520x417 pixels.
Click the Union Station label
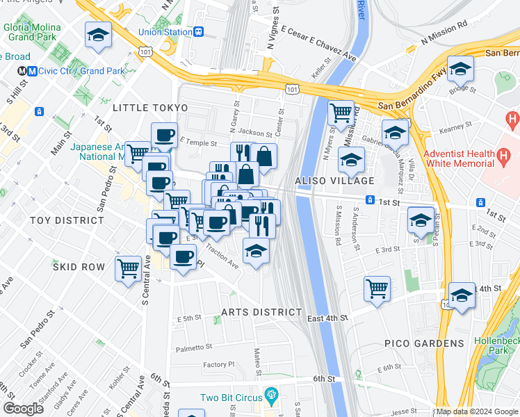coord(165,31)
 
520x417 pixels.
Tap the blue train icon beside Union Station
coord(199,31)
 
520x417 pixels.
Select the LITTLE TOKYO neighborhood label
coord(150,108)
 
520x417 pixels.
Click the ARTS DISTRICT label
coord(261,312)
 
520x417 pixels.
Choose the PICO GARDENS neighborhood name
coord(424,343)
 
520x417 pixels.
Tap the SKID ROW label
coord(79,267)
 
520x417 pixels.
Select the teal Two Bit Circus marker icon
coord(270,398)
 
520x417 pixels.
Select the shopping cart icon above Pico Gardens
coord(377,287)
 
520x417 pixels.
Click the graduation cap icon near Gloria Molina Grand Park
coord(98,35)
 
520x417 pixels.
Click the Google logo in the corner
coord(22,409)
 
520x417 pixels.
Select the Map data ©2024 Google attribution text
coord(477,411)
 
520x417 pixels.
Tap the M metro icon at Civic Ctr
coord(32,71)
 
